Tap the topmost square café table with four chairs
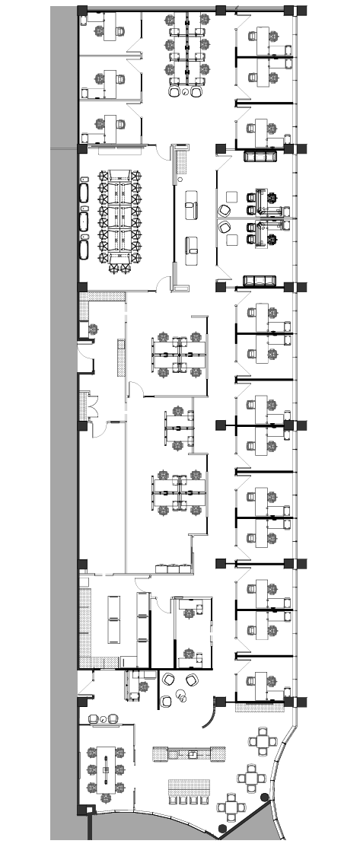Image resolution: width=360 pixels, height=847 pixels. coord(264,740)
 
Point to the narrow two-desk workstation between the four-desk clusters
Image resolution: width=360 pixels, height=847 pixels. coord(180,430)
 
